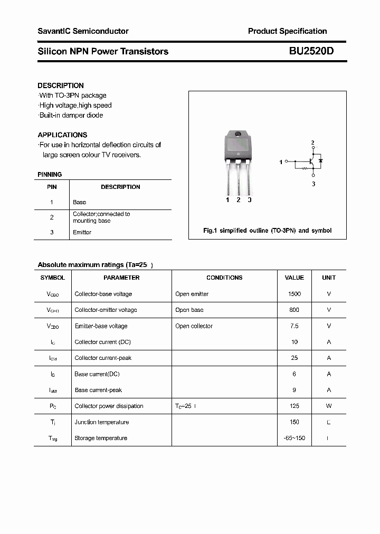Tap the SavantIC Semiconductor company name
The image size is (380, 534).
tap(83, 31)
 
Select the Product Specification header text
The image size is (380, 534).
tap(287, 31)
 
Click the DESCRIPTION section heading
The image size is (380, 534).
tap(61, 85)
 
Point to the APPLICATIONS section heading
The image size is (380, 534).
tap(62, 135)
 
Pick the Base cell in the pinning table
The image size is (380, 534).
tap(79, 202)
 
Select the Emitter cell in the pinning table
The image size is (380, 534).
tap(82, 232)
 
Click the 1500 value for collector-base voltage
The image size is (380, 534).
tap(294, 294)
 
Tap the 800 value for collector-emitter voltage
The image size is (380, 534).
tap(294, 310)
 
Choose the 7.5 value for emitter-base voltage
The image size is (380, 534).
tap(294, 326)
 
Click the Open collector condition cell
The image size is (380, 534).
tap(194, 326)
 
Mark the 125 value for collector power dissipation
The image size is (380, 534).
tap(294, 406)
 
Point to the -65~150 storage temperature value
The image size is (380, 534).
tap(294, 438)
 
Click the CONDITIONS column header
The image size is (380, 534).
tap(224, 278)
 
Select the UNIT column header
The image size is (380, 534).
tap(329, 278)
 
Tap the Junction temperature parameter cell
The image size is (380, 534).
tap(102, 422)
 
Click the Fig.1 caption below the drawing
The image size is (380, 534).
tap(268, 231)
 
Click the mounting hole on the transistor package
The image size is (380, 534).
tap(238, 133)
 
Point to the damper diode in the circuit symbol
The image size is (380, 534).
tap(320, 160)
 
